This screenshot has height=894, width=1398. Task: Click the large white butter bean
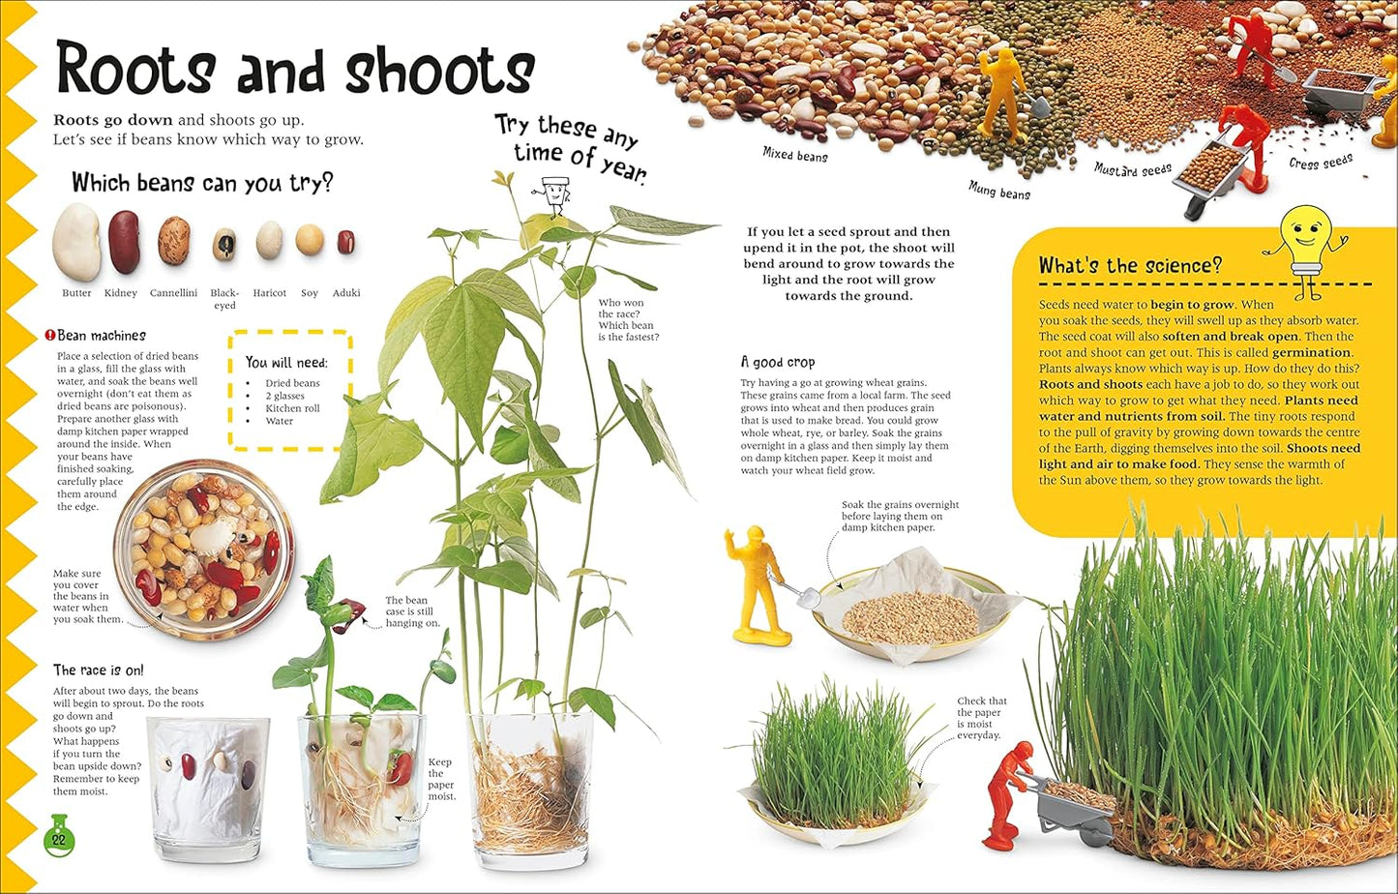click(x=75, y=242)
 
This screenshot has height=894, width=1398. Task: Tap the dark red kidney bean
click(x=123, y=241)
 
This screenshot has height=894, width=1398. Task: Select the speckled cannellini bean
click(x=174, y=241)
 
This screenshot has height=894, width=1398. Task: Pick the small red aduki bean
click(x=345, y=242)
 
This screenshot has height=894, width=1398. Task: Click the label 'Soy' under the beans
click(x=309, y=293)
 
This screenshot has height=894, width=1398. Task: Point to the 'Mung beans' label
click(x=999, y=191)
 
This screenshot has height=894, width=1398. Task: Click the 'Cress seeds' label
click(x=1321, y=162)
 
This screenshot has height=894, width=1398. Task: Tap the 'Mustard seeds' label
click(x=1133, y=170)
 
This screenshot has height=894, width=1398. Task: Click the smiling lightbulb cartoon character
click(x=1305, y=247)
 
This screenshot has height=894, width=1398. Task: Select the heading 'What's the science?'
click(x=1130, y=266)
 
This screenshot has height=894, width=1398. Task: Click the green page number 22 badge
click(x=59, y=838)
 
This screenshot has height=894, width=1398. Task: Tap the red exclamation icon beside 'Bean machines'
click(x=49, y=336)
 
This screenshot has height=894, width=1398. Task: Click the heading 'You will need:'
click(x=286, y=362)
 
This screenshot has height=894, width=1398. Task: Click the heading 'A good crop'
click(x=778, y=362)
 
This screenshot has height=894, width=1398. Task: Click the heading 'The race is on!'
click(x=98, y=670)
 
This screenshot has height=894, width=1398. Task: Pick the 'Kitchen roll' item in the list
click(x=292, y=408)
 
